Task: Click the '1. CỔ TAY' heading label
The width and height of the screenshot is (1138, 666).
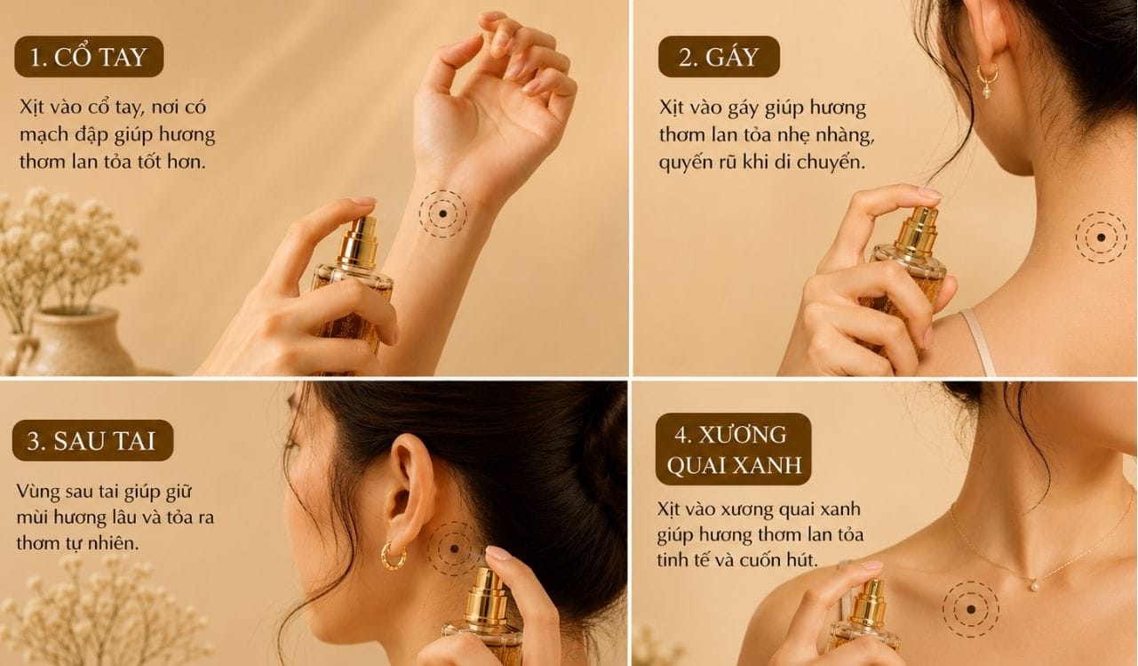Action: [89, 56]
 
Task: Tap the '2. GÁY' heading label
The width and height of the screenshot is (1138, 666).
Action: [719, 56]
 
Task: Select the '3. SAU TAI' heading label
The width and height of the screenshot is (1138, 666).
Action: [92, 440]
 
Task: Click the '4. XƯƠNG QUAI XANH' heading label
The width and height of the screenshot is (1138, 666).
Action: [734, 449]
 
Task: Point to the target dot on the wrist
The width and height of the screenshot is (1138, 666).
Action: [442, 214]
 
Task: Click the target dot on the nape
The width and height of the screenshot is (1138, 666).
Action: [1101, 237]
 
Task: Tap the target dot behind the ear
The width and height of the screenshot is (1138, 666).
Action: [454, 549]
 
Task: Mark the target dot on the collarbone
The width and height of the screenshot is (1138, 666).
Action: [971, 609]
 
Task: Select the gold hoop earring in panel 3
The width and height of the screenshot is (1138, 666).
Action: [393, 557]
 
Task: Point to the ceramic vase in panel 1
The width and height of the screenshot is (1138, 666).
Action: [68, 341]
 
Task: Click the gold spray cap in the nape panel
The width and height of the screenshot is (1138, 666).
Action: [916, 234]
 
